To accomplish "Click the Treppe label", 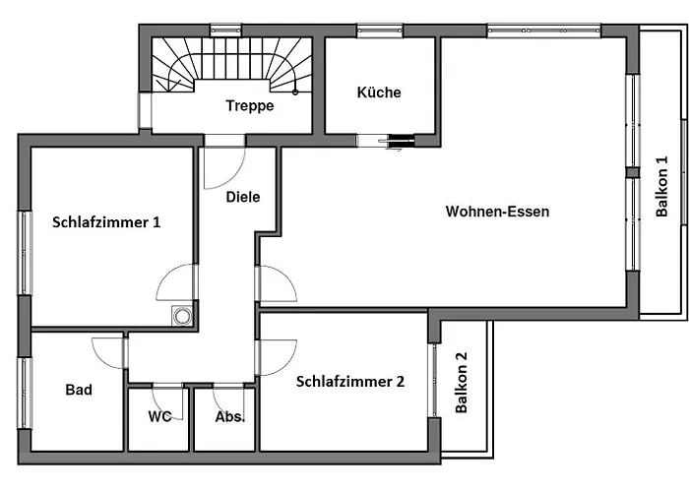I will click(x=249, y=105).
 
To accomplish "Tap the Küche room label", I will click(x=379, y=92).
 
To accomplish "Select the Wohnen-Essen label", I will click(x=497, y=212).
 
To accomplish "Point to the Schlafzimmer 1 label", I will click(x=105, y=222).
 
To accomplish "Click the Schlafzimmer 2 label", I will click(x=349, y=382).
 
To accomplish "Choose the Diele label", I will click(x=243, y=197).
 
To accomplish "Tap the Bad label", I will click(x=79, y=391).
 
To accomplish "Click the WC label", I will click(x=159, y=416).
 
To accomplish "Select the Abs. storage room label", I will click(x=229, y=416).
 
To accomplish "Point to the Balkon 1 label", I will click(x=661, y=187).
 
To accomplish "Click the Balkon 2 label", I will click(x=462, y=383).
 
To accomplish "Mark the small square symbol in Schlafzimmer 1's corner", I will click(x=181, y=315).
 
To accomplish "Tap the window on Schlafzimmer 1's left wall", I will click(x=24, y=252).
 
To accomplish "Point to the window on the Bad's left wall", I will click(x=24, y=392).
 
